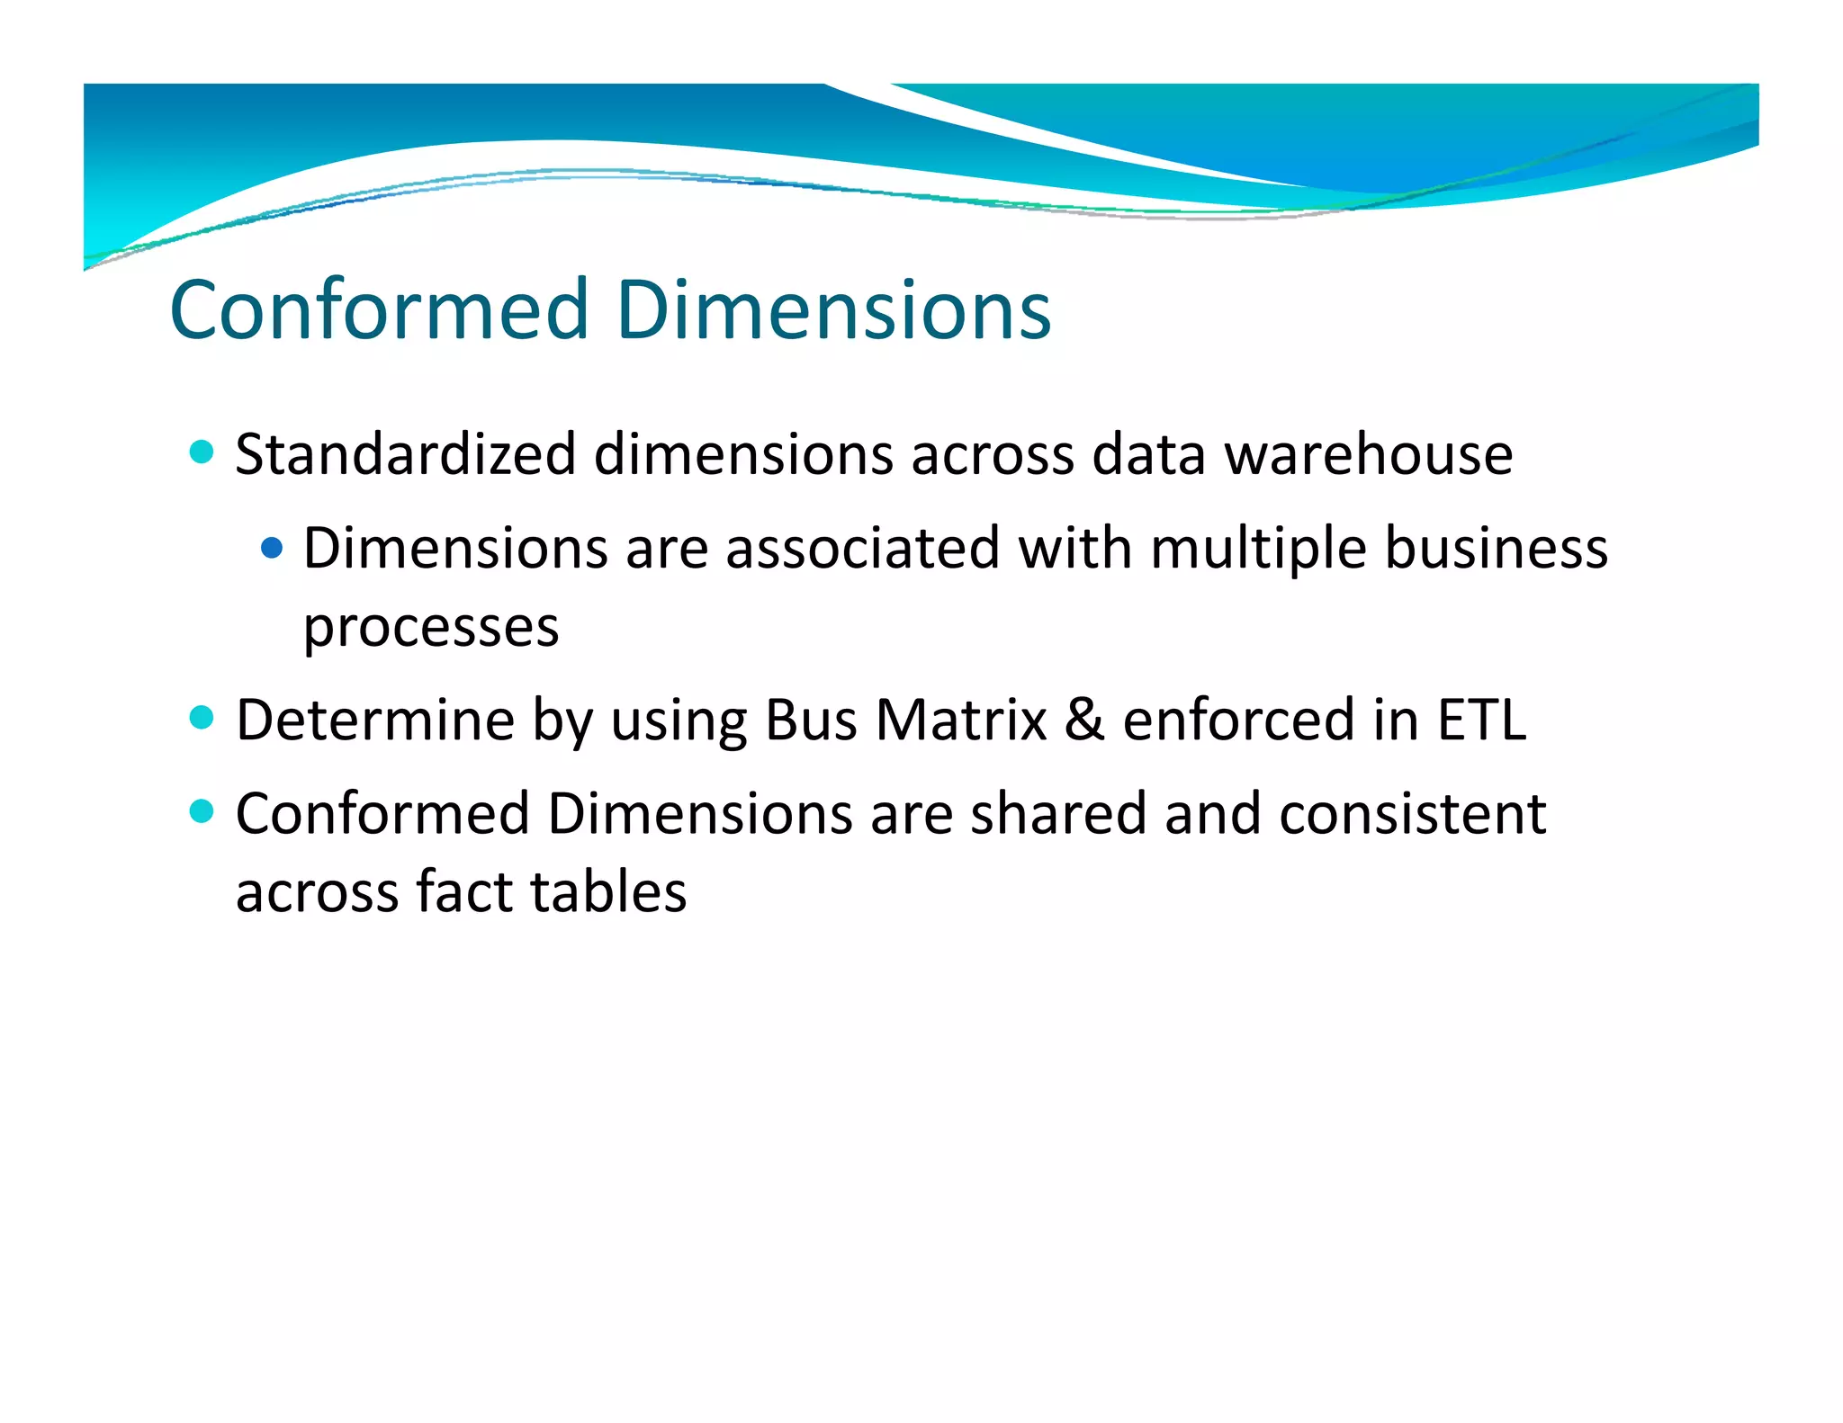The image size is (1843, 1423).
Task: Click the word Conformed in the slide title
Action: click(379, 310)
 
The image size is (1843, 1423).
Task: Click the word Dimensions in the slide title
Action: click(833, 310)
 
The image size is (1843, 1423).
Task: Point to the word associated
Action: click(862, 548)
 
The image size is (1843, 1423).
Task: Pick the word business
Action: click(1496, 548)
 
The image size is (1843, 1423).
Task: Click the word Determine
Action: click(375, 720)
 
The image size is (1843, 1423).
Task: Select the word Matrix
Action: click(961, 720)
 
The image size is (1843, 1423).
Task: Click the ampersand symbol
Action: click(1084, 720)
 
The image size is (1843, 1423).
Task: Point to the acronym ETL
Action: click(1481, 720)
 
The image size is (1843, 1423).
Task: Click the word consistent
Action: click(1412, 814)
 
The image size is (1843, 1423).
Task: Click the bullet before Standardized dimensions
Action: click(202, 452)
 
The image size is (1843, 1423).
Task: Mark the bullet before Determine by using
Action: click(202, 718)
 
